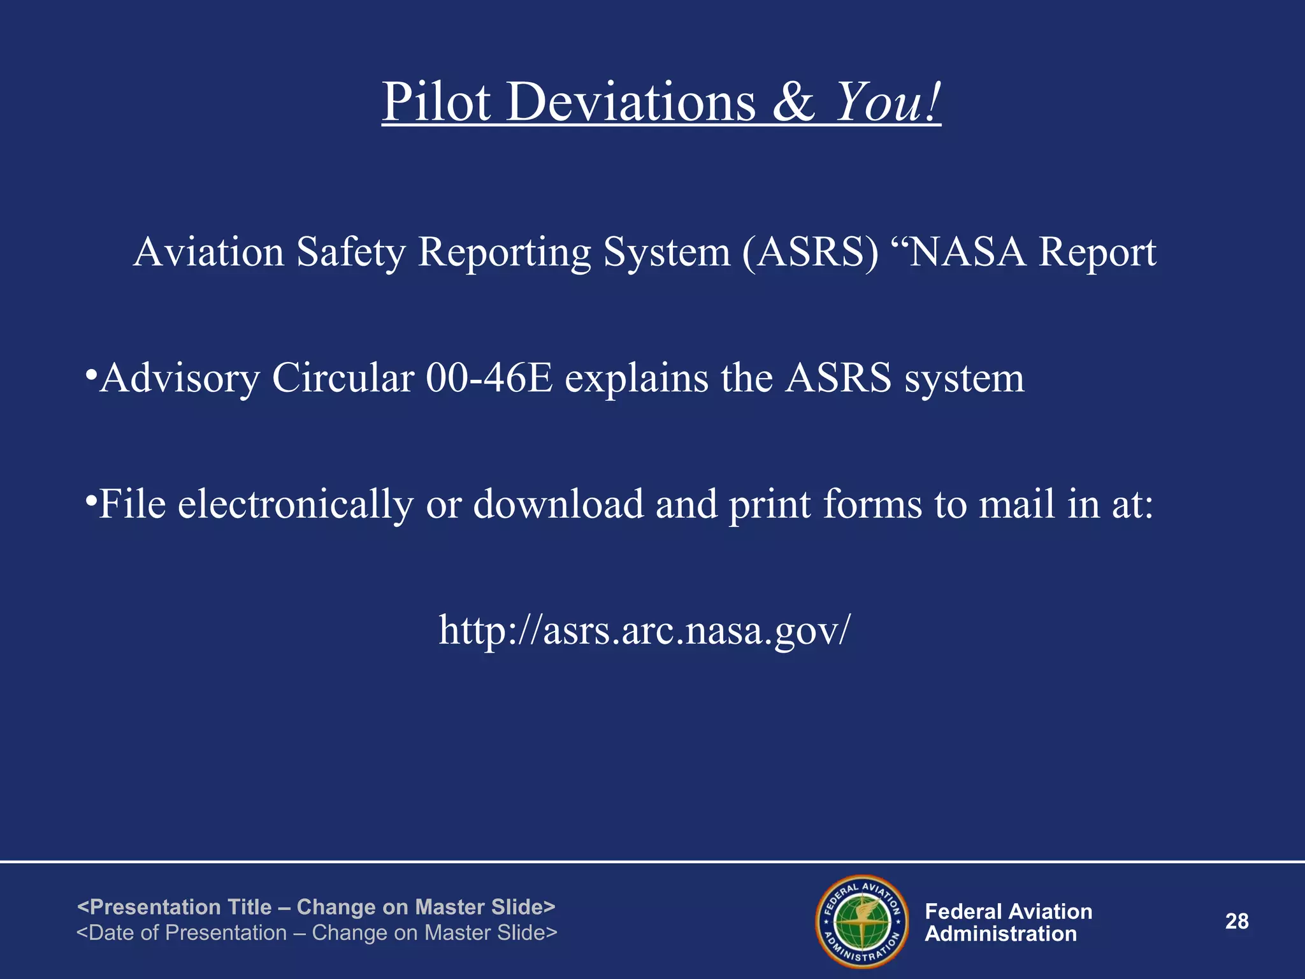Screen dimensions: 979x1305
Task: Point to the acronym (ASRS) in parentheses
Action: coord(810,252)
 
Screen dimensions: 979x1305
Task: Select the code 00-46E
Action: coord(489,377)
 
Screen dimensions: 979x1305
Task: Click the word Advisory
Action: coord(180,379)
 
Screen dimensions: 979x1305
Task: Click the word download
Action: coord(558,504)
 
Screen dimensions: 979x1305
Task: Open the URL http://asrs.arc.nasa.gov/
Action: coord(644,630)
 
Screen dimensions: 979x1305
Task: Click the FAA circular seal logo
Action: coord(862,921)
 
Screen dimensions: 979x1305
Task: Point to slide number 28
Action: coord(1237,921)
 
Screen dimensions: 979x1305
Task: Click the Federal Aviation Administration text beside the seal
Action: coord(1008,922)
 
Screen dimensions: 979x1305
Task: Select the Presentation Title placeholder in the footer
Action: coord(316,906)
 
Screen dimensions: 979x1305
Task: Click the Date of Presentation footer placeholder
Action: coord(317,932)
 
